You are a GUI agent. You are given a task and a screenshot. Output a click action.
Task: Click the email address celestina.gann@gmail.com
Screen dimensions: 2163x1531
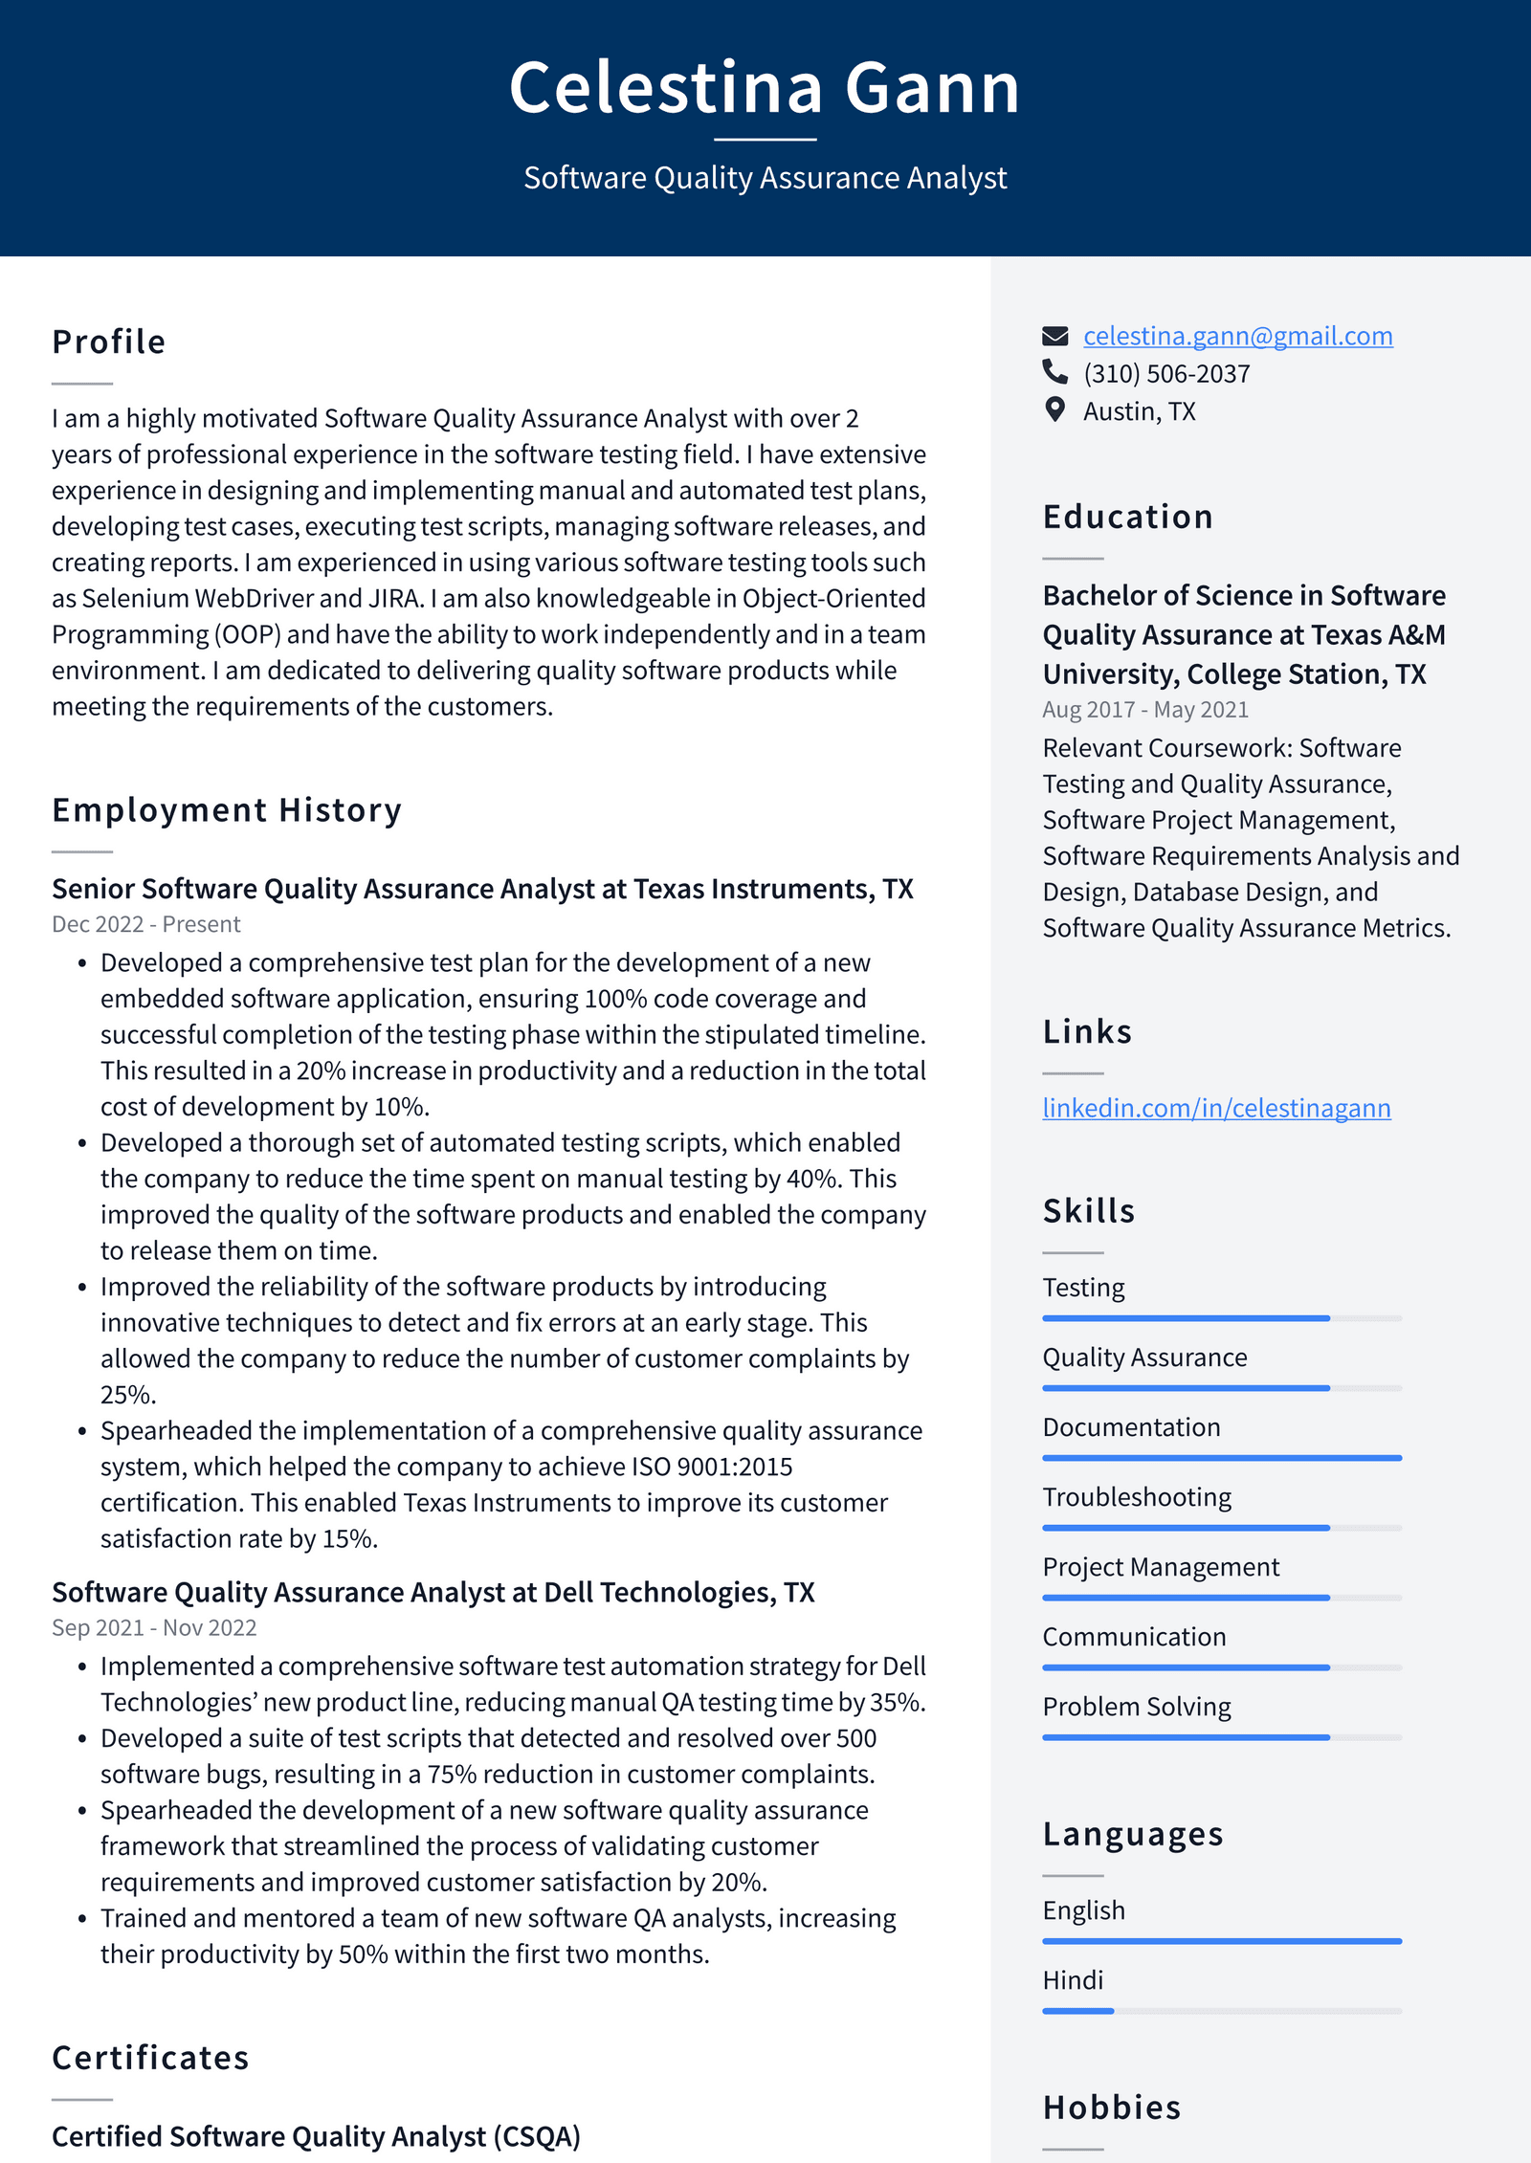[x=1237, y=336]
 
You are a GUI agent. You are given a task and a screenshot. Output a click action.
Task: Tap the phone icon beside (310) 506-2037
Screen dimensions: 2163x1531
[x=1054, y=371]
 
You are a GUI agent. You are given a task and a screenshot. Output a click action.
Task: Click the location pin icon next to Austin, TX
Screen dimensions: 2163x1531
[x=1054, y=409]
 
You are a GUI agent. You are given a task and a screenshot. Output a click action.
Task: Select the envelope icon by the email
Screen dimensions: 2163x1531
[x=1054, y=336]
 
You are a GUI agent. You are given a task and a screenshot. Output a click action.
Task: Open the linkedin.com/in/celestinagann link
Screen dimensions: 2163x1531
[x=1215, y=1108]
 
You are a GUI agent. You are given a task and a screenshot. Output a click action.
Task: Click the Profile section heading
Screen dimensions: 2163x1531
[x=109, y=342]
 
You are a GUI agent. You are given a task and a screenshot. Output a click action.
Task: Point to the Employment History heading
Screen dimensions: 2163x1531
[x=227, y=810]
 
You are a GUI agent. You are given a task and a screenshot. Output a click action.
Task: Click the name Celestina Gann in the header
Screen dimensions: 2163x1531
[x=765, y=88]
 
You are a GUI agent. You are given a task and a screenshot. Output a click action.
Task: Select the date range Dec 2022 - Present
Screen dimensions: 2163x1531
[x=145, y=924]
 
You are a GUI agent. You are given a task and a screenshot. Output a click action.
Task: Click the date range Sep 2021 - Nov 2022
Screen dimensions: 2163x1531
[x=154, y=1627]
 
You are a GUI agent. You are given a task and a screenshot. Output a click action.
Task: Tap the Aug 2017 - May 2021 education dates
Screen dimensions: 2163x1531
[x=1144, y=710]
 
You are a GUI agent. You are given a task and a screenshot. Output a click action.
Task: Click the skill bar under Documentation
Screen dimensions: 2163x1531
[x=1221, y=1458]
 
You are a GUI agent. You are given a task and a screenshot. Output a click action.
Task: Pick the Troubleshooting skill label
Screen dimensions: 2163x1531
[x=1136, y=1497]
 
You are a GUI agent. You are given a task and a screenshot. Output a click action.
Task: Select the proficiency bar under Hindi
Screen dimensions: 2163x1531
[x=1221, y=2011]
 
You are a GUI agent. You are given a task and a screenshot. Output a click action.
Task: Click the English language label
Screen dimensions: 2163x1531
[x=1083, y=1910]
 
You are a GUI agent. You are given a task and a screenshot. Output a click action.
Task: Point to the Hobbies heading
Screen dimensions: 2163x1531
[x=1111, y=2108]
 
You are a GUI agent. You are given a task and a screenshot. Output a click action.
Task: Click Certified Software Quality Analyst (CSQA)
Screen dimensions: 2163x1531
[x=316, y=2136]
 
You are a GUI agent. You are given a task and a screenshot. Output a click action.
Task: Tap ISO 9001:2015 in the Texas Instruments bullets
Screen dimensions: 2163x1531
[x=711, y=1467]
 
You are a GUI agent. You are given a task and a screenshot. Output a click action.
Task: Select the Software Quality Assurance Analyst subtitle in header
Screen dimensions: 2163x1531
[x=765, y=178]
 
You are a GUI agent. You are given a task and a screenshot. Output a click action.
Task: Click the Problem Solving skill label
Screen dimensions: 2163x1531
[x=1136, y=1707]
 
